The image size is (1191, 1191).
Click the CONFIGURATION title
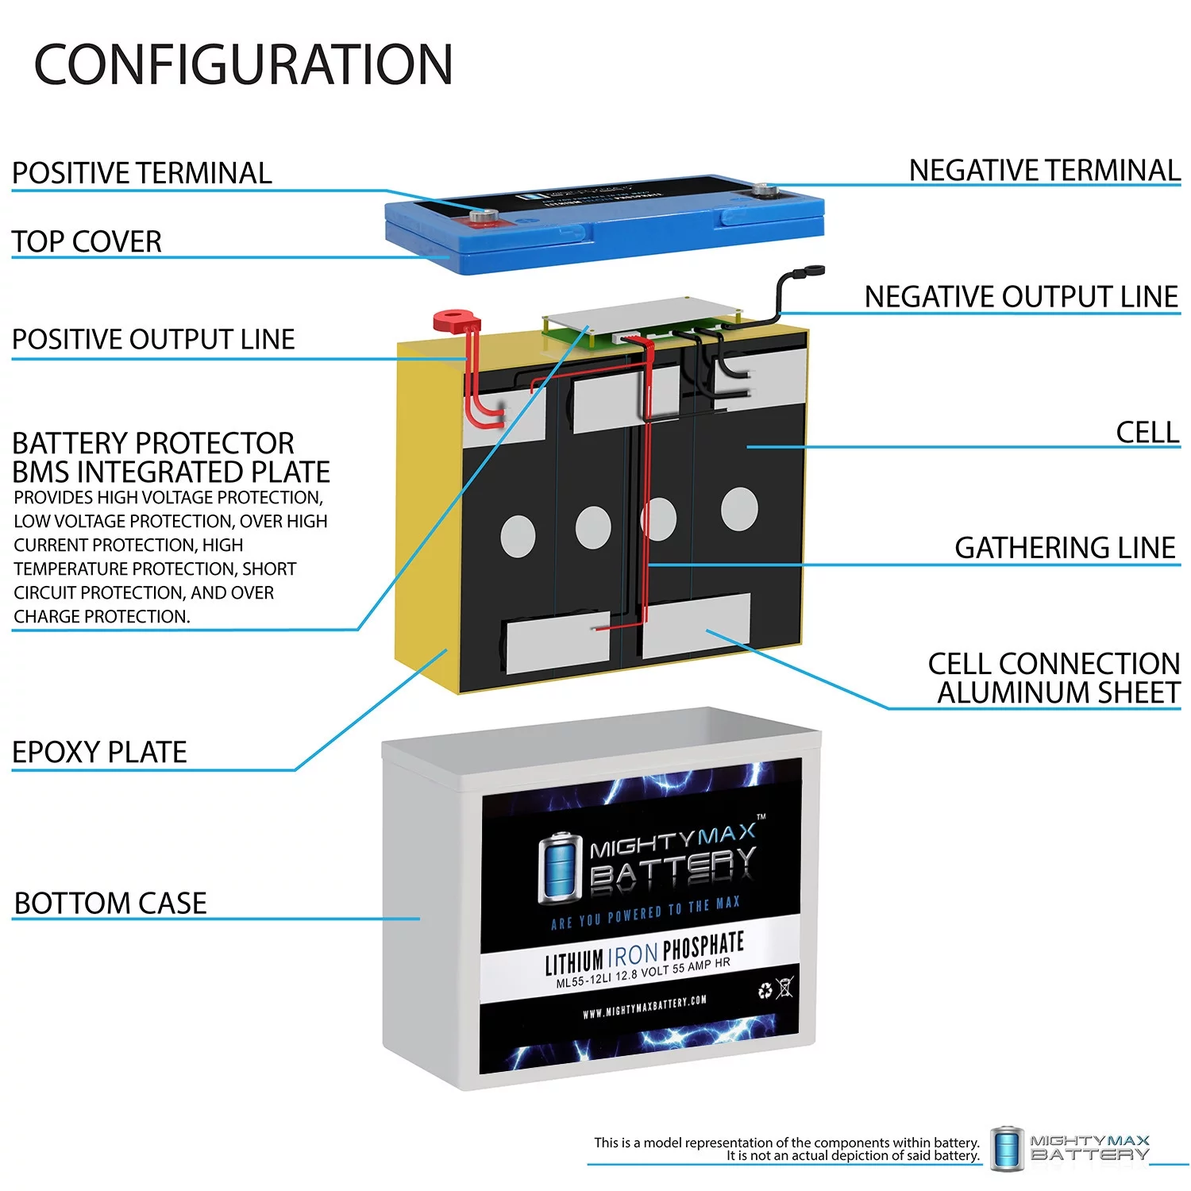click(243, 65)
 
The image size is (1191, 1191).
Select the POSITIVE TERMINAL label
click(141, 173)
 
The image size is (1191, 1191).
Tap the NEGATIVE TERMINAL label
click(1043, 171)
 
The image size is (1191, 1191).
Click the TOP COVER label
click(87, 241)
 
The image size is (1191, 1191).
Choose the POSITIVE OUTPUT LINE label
click(153, 340)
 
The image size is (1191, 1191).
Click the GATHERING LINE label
click(1064, 548)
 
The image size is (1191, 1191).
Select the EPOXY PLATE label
click(99, 752)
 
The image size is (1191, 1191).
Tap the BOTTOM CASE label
click(110, 904)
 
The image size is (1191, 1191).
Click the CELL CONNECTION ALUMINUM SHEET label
click(1054, 678)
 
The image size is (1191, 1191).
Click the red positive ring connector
click(456, 322)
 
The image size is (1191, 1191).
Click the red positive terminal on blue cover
click(481, 217)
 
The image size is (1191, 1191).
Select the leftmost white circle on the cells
click(518, 536)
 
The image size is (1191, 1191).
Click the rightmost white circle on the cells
click(738, 508)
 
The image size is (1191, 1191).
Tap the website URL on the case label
click(644, 1007)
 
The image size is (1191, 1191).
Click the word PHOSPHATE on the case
click(703, 946)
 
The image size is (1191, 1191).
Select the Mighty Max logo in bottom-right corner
click(1070, 1147)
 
